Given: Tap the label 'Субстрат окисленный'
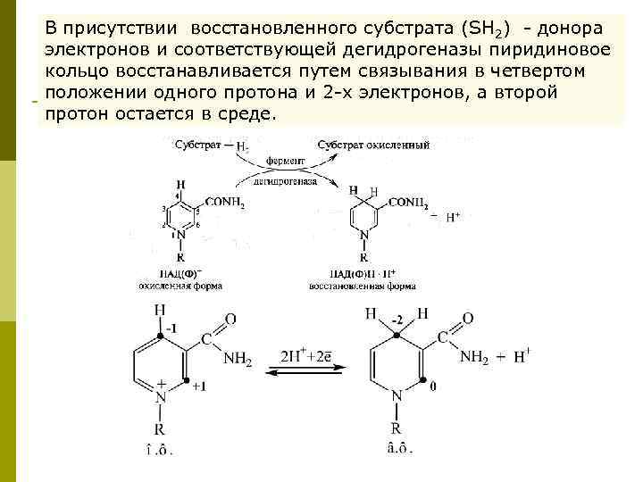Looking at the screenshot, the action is pyautogui.click(x=373, y=145).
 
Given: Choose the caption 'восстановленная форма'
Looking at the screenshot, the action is pyautogui.click(x=363, y=287).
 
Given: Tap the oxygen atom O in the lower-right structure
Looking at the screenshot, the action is pyautogui.click(x=470, y=319).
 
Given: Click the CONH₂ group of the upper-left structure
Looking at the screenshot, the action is pyautogui.click(x=224, y=203).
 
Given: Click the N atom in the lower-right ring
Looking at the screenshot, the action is pyautogui.click(x=397, y=397).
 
